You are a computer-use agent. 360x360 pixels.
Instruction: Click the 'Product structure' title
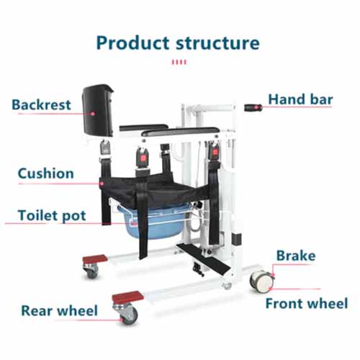(178, 43)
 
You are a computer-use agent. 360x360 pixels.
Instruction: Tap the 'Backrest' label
(41, 104)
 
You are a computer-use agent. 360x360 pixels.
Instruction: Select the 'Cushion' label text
(45, 173)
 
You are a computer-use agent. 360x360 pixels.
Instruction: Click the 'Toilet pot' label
(52, 215)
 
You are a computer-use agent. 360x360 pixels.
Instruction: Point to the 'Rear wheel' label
(60, 310)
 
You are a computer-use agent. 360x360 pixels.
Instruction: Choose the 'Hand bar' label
(300, 99)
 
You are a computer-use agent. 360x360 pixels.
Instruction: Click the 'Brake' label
(296, 256)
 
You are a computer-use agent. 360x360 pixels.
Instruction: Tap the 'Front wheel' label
(307, 303)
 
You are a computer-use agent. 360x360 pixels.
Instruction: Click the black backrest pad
(98, 110)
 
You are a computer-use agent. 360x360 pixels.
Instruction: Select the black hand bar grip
(253, 107)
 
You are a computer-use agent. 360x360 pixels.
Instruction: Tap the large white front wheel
(261, 282)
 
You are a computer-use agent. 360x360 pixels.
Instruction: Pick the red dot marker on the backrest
(93, 114)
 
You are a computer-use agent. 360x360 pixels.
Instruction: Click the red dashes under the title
(179, 62)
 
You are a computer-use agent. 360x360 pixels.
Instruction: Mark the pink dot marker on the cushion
(102, 184)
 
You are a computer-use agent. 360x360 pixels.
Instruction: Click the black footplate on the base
(203, 258)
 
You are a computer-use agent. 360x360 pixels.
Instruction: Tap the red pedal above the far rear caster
(95, 259)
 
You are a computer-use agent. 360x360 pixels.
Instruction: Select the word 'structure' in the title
(217, 43)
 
